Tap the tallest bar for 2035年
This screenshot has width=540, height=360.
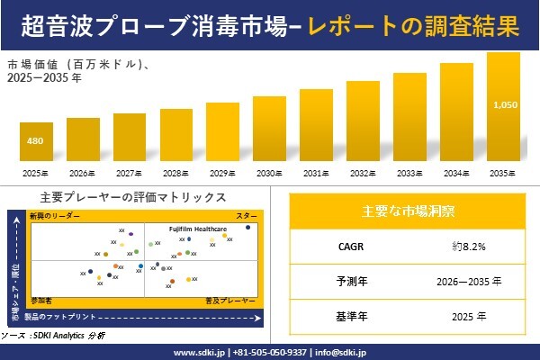503,106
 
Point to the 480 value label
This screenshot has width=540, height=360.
35,140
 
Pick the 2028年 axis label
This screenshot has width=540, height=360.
175,171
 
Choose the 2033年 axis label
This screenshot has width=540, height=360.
409,171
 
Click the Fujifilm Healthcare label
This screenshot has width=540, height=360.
198,229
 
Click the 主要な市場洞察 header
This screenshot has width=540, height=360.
408,211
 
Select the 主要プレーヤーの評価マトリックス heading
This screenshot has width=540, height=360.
132,197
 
